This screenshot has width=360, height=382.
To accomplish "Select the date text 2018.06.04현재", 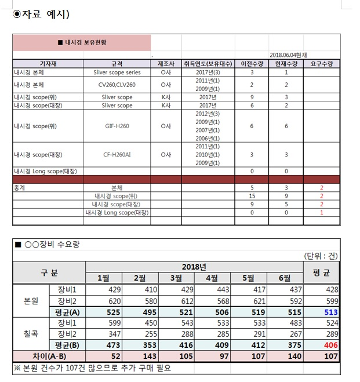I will tap(288, 54).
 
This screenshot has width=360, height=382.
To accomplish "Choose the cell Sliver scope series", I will tap(117, 72).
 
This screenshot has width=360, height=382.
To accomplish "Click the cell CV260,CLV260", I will tap(117, 85).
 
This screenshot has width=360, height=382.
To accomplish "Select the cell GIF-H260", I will tap(117, 126).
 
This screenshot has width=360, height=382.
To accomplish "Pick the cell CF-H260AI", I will tap(117, 155).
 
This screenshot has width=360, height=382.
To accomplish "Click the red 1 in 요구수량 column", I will tap(322, 213).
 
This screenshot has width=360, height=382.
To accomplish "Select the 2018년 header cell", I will tap(194, 266).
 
